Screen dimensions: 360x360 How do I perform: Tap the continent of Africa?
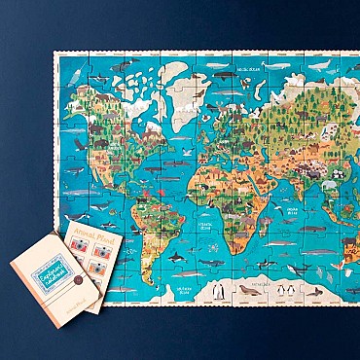click(227, 190)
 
